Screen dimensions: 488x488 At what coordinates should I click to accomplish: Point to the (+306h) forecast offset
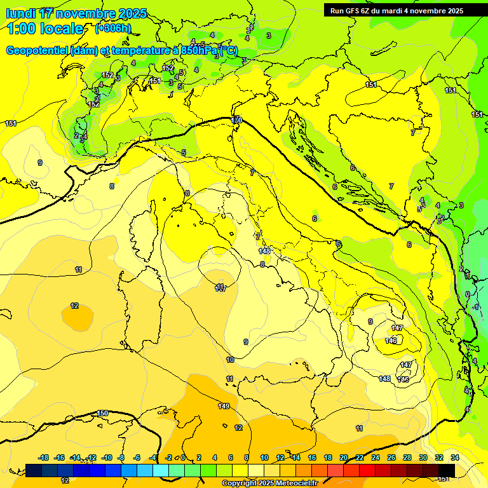point(112,29)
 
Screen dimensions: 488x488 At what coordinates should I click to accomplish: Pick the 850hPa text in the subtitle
point(199,50)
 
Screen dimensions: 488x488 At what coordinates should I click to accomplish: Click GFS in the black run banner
point(356,11)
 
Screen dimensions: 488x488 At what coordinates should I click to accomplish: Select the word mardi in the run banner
point(391,11)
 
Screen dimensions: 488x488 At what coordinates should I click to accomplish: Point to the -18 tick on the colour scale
point(44,457)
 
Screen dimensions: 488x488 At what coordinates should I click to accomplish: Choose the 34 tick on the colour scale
point(455,457)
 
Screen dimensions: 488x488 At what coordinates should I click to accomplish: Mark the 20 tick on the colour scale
point(344,457)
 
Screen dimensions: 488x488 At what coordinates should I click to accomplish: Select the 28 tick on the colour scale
point(407,457)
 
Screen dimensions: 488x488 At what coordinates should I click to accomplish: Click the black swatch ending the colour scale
point(447,470)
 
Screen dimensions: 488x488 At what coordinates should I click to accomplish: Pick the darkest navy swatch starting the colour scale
point(34,470)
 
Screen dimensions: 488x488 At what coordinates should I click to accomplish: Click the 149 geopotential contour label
point(224,406)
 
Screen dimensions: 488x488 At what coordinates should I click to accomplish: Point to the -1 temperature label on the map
point(476,307)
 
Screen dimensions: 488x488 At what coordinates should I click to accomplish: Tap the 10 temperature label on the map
point(230,360)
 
